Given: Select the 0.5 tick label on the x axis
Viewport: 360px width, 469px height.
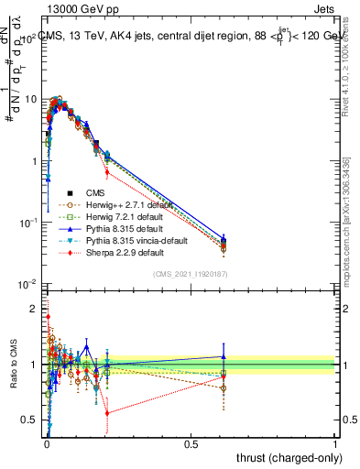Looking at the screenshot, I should (191, 442).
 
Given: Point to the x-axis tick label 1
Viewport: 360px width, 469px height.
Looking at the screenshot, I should (336, 442).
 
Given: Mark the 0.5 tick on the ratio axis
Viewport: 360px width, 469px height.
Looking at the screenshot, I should (30, 420).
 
